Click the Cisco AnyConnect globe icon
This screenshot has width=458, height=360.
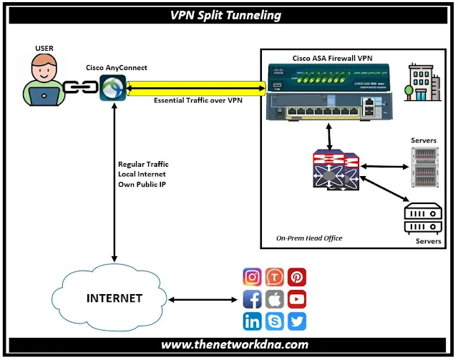point(112,89)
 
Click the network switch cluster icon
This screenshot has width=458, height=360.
point(334,169)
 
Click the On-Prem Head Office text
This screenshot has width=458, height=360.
point(310,238)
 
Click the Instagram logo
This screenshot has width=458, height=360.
point(253,277)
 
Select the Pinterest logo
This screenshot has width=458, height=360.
point(297,277)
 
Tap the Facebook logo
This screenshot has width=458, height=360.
point(253,299)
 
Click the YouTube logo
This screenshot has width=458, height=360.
point(297,299)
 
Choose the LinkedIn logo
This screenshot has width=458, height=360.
point(253,321)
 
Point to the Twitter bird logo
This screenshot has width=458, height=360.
point(297,321)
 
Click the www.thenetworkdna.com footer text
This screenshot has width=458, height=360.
point(229,345)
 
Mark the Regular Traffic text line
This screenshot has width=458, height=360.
point(143,164)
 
